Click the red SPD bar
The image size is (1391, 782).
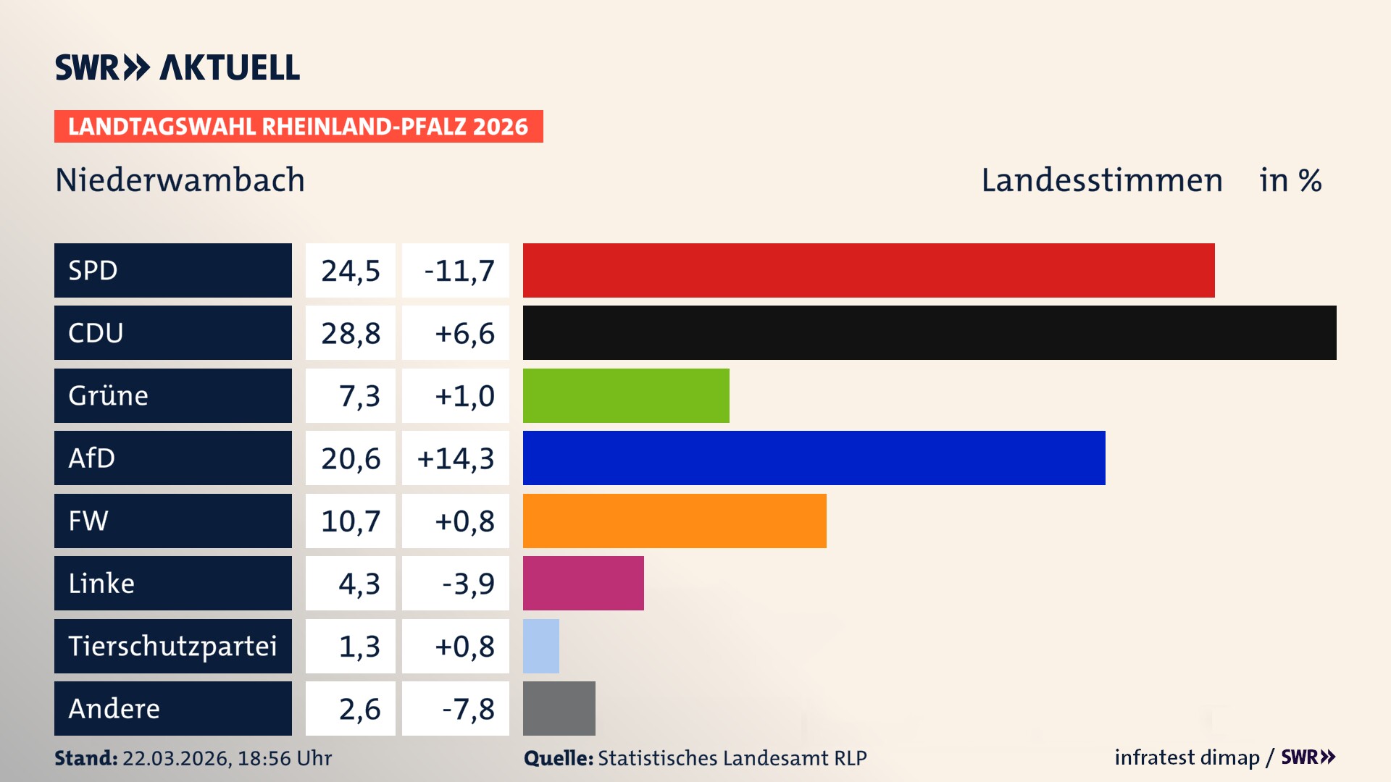[x=868, y=270]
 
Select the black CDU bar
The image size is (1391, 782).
[x=929, y=332]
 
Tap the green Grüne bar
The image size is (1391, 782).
[x=625, y=395]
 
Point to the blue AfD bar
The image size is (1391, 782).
[x=814, y=458]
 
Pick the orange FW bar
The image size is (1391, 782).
[x=674, y=521]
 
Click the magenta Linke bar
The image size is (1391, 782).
[x=582, y=583]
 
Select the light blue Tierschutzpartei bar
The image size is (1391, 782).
[x=540, y=646]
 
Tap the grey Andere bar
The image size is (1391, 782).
[x=559, y=708]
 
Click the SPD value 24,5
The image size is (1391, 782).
[x=351, y=271]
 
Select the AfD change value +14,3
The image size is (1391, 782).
[x=456, y=458]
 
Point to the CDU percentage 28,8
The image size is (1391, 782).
[x=351, y=333]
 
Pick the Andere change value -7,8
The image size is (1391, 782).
[x=468, y=709]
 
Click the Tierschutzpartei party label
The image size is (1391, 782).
[x=172, y=646]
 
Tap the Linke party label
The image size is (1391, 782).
[x=101, y=583]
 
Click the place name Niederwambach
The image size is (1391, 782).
[x=180, y=180]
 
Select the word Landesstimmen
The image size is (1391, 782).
[x=1101, y=180]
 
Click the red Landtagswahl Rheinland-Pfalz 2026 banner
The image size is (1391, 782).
[x=298, y=127]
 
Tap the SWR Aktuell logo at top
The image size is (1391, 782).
[x=177, y=67]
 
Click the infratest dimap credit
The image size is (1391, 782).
[x=1186, y=757]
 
